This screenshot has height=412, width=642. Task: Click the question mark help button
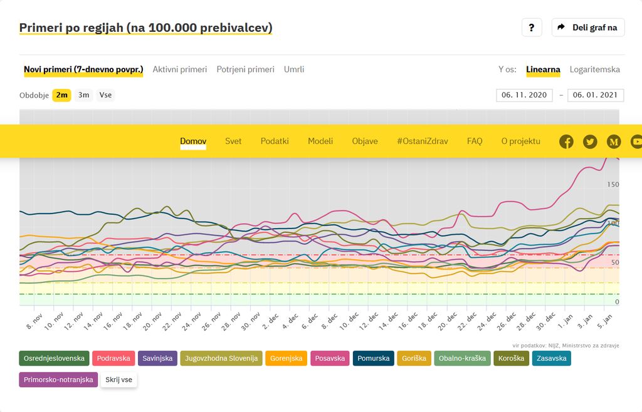[531, 28]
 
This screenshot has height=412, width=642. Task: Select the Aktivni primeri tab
[179, 70]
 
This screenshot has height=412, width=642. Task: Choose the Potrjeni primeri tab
[245, 70]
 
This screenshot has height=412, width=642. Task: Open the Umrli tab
[294, 70]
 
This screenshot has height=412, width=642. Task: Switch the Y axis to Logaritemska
[594, 70]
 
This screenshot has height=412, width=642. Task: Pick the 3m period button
[83, 95]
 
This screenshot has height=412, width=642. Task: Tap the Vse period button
[105, 95]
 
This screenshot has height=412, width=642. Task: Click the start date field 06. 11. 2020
[524, 95]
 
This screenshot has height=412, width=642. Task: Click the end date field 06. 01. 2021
[595, 95]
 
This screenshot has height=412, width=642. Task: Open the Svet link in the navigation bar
[233, 141]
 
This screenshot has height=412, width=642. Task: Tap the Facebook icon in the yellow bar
[566, 142]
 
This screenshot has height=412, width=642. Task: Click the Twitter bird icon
[590, 142]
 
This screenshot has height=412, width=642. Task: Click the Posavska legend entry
[330, 359]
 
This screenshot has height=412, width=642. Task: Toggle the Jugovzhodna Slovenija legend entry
[221, 359]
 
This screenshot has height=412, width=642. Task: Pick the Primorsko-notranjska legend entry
[58, 379]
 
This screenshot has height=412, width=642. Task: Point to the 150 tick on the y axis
[613, 185]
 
